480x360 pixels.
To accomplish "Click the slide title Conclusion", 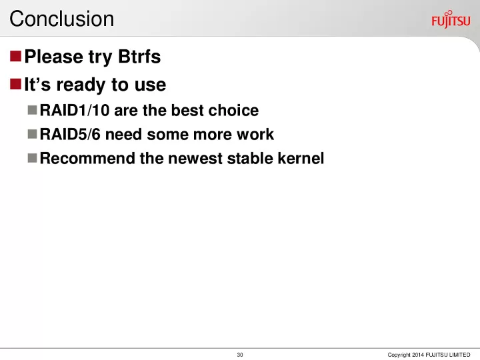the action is point(62,19).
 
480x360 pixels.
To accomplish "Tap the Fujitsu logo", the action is point(451,19).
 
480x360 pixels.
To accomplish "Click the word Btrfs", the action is point(139,56).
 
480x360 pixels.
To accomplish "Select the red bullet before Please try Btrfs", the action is point(15,56).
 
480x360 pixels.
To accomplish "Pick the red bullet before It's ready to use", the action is point(15,84).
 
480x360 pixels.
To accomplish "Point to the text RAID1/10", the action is point(75,110).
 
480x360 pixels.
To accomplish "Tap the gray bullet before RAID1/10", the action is point(32,110).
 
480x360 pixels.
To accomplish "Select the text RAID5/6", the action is point(70,134).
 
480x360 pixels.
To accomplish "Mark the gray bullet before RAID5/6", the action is point(32,134).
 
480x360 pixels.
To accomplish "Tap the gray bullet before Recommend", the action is point(32,158).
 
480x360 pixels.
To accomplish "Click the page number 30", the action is point(240,355).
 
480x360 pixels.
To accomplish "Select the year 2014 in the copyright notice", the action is point(418,355).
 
